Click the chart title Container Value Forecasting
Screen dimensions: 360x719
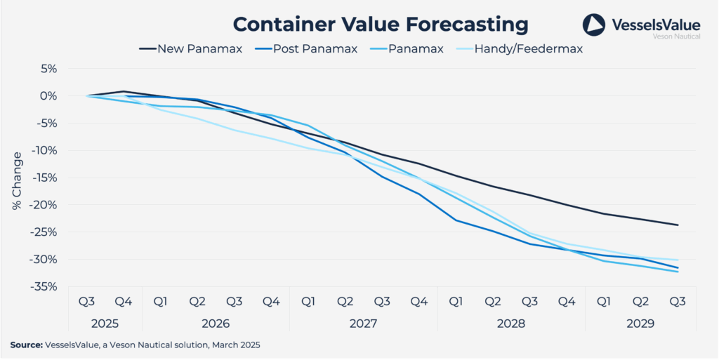[x=380, y=23]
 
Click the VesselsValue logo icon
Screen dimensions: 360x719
[x=593, y=25]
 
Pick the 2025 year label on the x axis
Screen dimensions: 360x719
[x=105, y=324]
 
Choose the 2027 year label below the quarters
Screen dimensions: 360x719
[x=363, y=324]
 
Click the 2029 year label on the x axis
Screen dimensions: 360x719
[x=640, y=324]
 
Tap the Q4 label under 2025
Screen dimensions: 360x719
[x=124, y=302]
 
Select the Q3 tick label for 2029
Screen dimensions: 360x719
[x=677, y=302]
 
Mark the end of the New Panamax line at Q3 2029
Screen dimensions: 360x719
[x=678, y=225]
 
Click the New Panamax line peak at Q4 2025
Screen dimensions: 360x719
[x=124, y=91]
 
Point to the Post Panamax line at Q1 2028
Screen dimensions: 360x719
[x=456, y=220]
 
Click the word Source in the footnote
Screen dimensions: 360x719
[x=26, y=345]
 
